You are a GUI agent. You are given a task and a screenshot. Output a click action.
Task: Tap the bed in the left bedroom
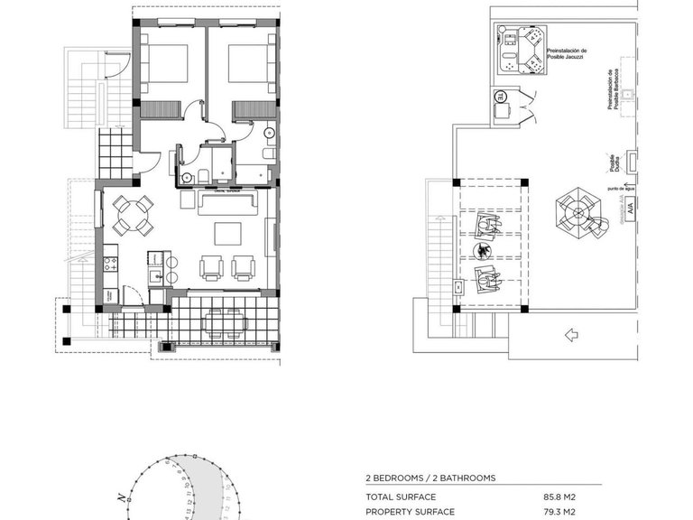click(x=167, y=68)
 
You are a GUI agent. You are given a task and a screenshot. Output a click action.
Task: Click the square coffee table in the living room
click(x=226, y=234)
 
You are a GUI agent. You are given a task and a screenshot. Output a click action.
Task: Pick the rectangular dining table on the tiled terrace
click(x=222, y=322)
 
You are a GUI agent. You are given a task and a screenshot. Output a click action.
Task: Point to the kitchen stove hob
click(x=113, y=265)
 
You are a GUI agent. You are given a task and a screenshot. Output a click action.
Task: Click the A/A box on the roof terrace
click(x=628, y=210)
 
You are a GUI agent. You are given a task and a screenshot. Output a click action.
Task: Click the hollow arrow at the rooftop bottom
click(x=569, y=335)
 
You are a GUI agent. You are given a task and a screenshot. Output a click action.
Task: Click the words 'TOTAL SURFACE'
click(x=401, y=497)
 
